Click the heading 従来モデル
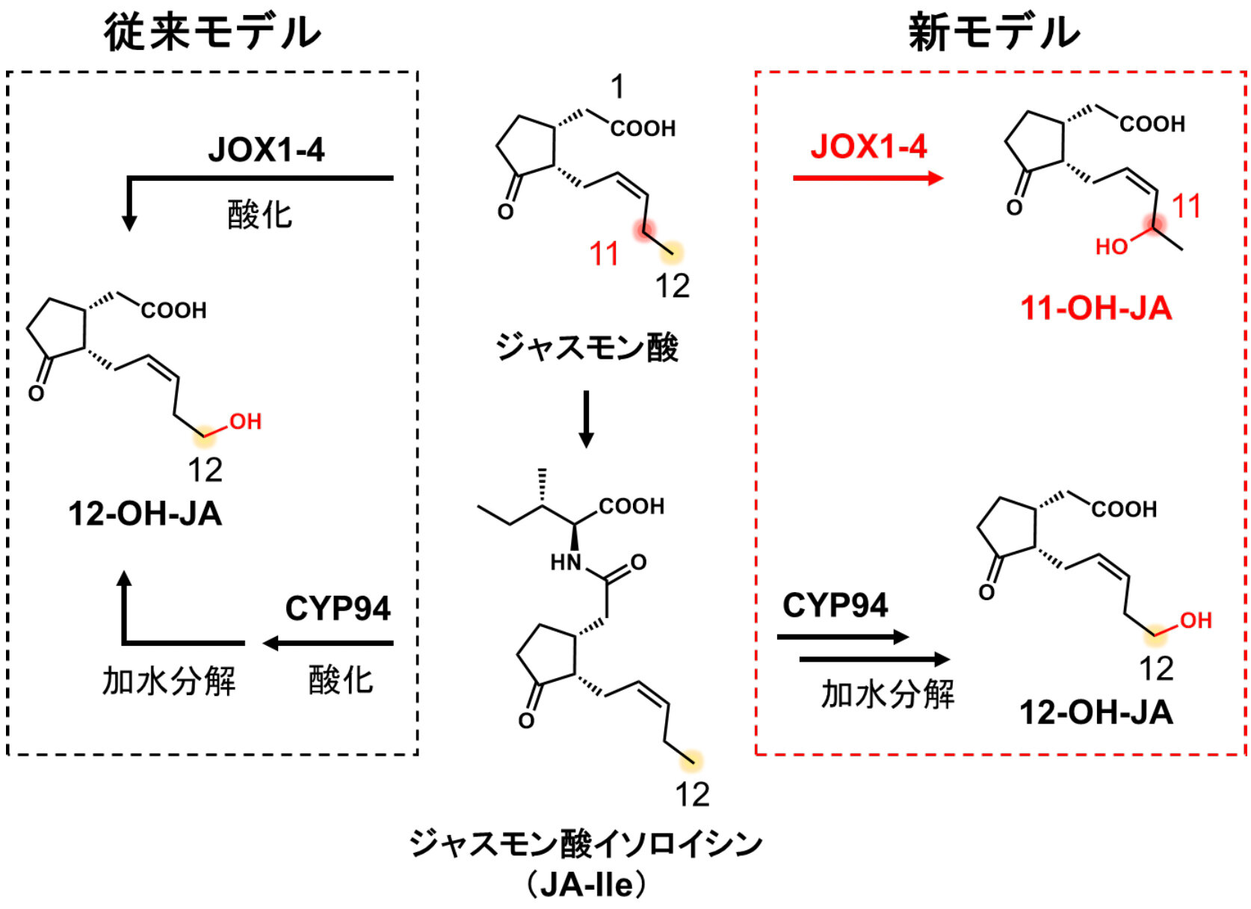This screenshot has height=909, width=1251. [213, 34]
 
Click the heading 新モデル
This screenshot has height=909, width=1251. [994, 34]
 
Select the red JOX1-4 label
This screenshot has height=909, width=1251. [868, 147]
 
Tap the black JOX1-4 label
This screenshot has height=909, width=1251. [266, 150]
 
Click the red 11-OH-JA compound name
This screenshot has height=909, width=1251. [1096, 308]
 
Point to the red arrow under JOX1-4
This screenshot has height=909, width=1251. [868, 178]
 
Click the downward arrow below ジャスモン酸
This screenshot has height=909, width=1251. [586, 419]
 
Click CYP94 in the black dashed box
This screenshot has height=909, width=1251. [337, 608]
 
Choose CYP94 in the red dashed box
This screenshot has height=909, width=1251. [834, 605]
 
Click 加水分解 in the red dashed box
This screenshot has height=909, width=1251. [887, 694]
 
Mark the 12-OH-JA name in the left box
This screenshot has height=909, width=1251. [145, 514]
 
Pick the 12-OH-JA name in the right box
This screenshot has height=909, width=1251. [1096, 713]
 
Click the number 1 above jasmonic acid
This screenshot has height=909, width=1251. [617, 87]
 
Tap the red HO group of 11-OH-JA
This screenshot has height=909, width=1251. [1111, 247]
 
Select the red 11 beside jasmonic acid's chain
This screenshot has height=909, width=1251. [604, 253]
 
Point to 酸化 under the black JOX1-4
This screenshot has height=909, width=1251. [260, 215]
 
